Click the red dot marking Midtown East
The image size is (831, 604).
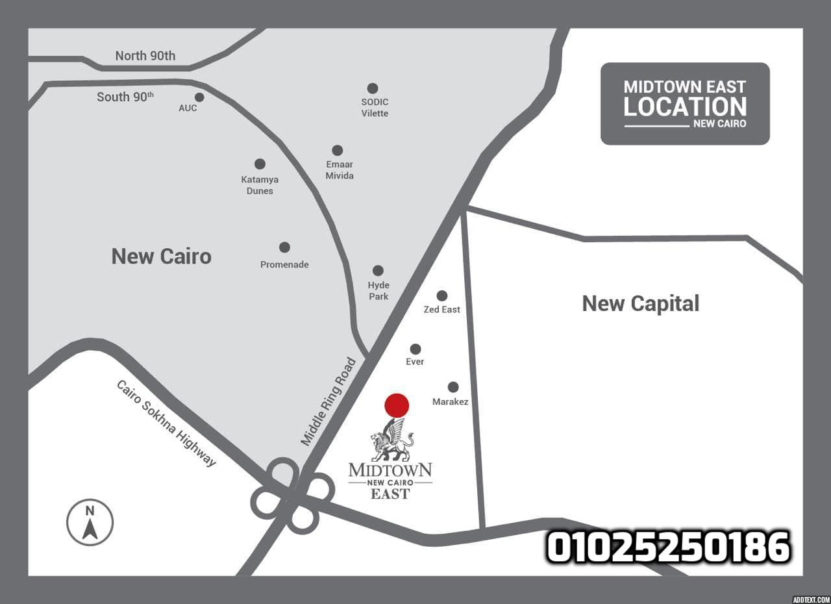click(397, 405)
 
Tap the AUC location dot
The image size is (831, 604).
click(199, 97)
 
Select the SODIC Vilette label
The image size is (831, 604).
click(375, 108)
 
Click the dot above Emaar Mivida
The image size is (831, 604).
click(337, 151)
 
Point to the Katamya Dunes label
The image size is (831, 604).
click(260, 185)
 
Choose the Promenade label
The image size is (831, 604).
click(284, 264)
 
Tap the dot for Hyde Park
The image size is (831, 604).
click(378, 270)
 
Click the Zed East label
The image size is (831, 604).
click(441, 310)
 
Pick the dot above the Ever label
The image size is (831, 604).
click(415, 349)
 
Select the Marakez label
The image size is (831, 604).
click(450, 402)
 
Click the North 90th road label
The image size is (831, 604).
click(145, 56)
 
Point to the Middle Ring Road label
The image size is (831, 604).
click(329, 401)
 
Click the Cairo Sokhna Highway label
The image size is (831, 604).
click(166, 423)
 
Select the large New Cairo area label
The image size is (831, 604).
click(161, 257)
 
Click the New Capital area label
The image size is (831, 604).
click(640, 303)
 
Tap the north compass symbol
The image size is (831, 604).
click(90, 522)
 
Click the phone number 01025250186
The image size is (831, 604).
click(668, 547)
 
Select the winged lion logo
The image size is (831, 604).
click(391, 440)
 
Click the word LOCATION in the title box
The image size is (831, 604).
click(685, 107)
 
